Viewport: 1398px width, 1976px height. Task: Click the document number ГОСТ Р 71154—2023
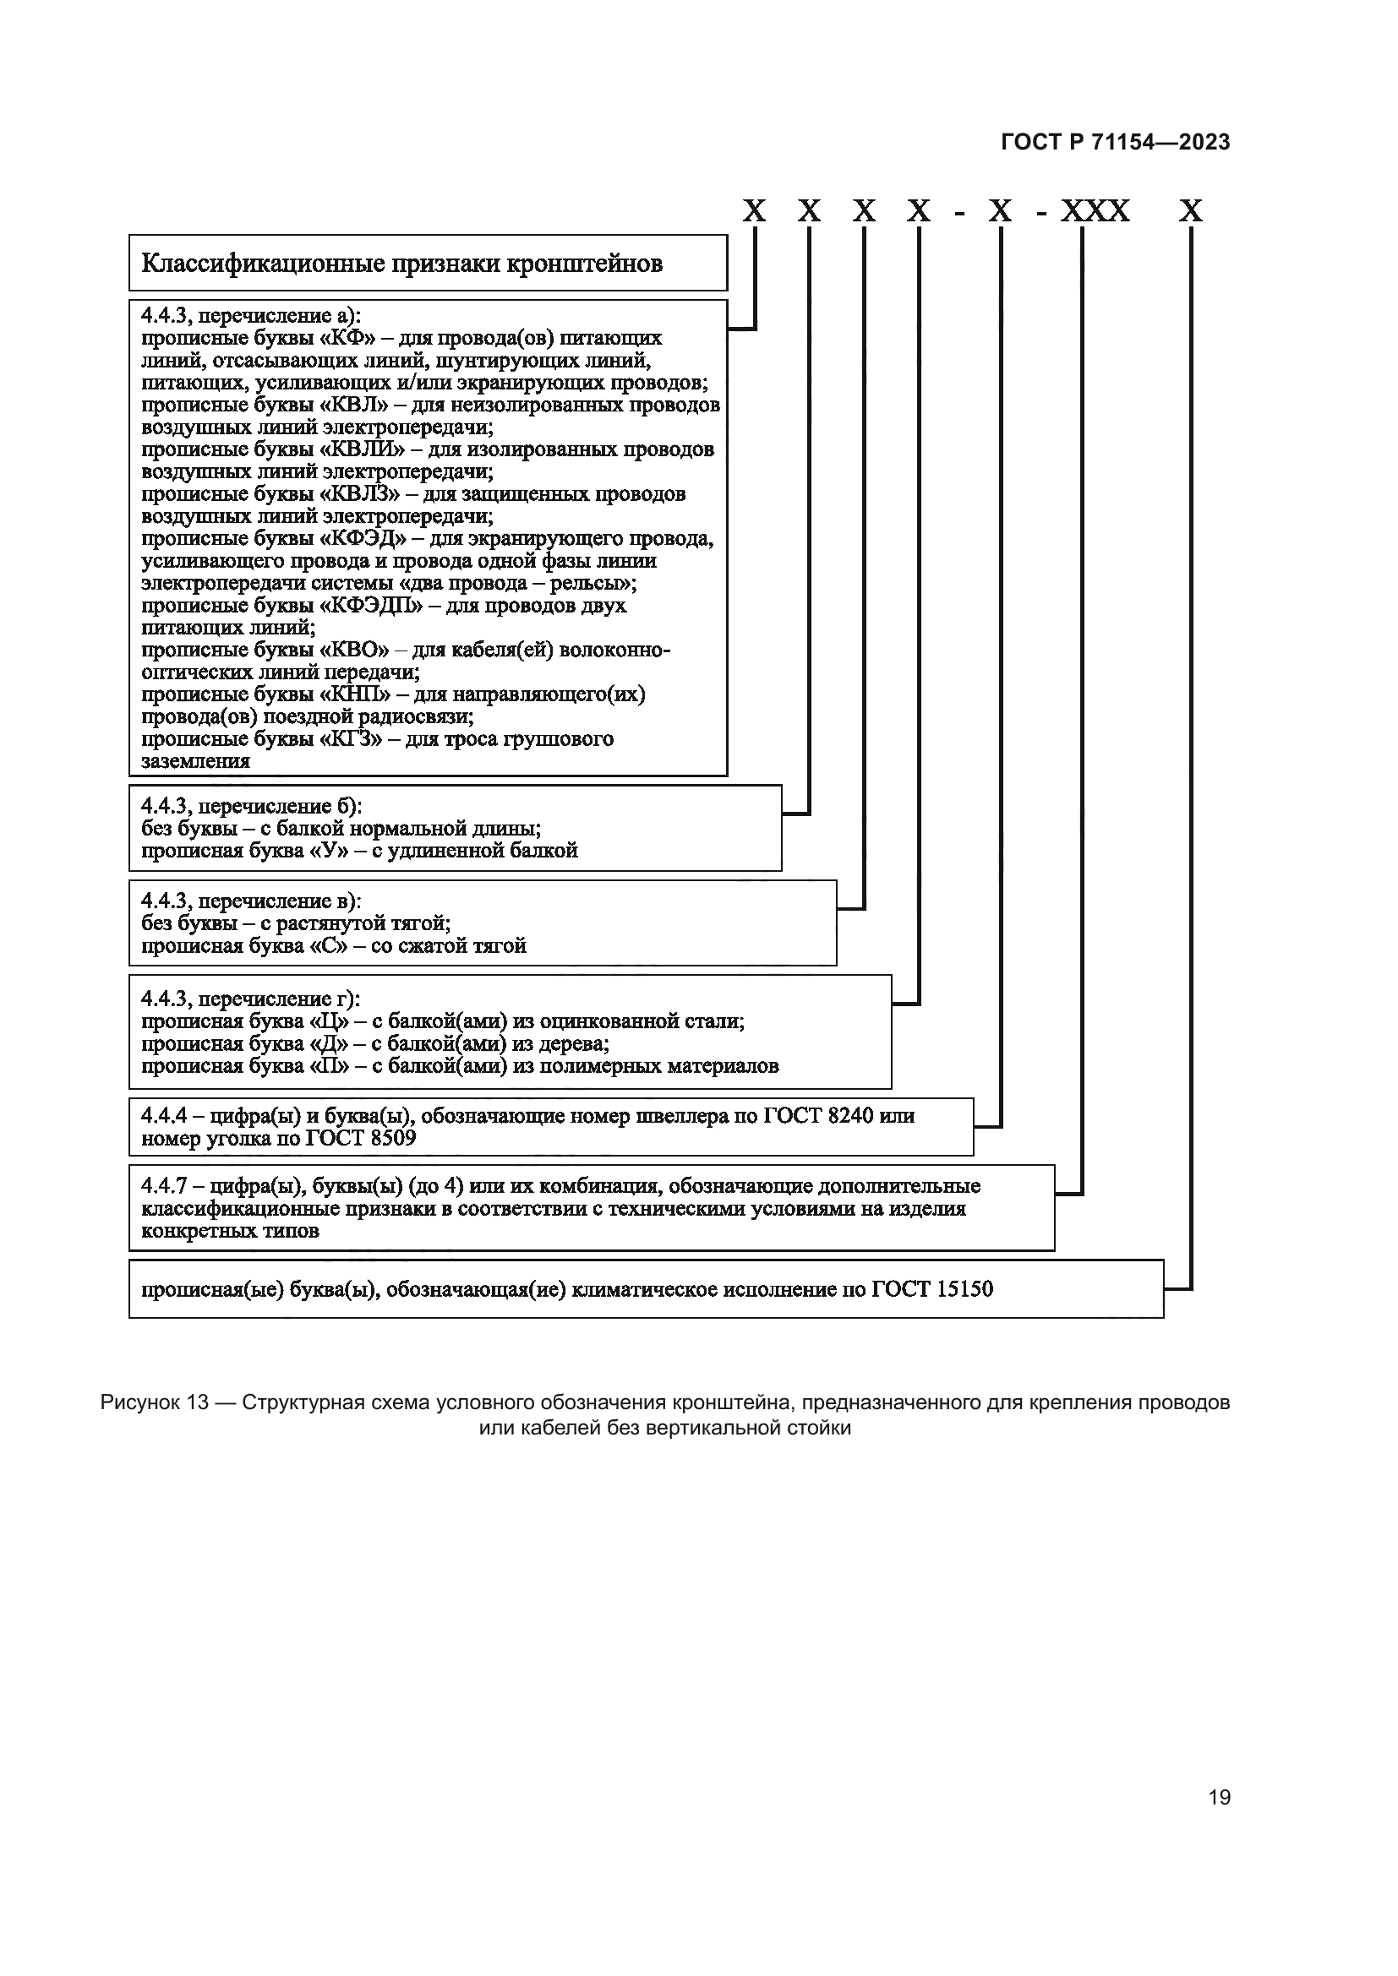[1115, 143]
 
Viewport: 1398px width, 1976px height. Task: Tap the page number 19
[1219, 1798]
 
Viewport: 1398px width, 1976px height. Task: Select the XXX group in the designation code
[1094, 211]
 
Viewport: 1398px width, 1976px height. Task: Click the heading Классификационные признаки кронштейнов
[402, 264]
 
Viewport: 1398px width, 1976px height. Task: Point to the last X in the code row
[1191, 211]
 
